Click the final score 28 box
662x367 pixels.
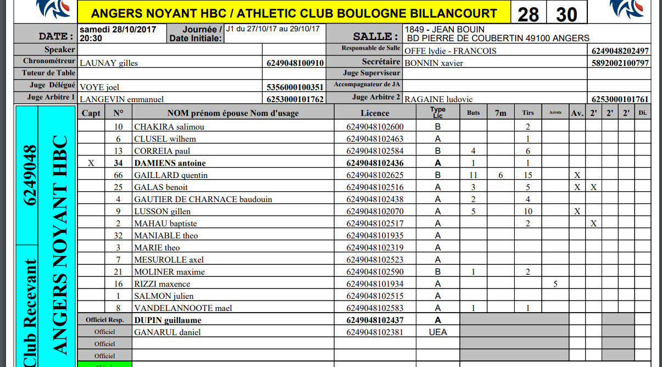(x=528, y=13)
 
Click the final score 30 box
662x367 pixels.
(x=566, y=13)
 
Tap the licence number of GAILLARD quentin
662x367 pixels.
(x=375, y=175)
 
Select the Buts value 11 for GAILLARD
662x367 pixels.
(x=473, y=175)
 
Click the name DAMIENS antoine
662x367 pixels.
(x=170, y=163)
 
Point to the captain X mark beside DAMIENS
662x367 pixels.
(x=91, y=163)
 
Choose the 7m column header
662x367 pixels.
(x=500, y=113)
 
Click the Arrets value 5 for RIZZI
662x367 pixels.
(x=555, y=284)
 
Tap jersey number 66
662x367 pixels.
(x=118, y=175)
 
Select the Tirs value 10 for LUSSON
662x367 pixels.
(x=528, y=212)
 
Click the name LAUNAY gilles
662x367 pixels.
(x=109, y=63)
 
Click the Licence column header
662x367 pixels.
(x=375, y=113)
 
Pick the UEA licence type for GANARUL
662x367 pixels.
(x=438, y=332)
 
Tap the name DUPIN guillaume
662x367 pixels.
(x=168, y=320)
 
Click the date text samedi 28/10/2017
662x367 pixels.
(x=118, y=29)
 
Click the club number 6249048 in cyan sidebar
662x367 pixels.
(x=31, y=175)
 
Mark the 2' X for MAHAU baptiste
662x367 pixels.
(x=593, y=224)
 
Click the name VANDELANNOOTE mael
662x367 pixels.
(x=183, y=308)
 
